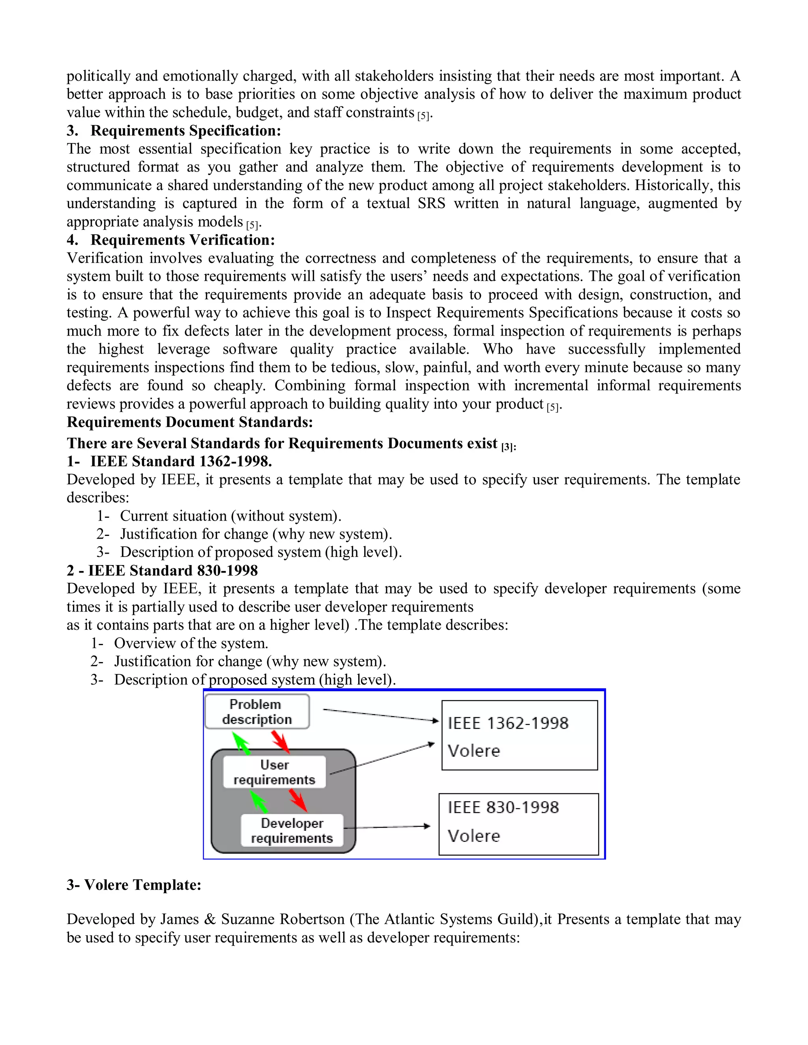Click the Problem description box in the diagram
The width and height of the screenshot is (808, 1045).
(257, 712)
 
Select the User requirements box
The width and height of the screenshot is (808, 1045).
(274, 772)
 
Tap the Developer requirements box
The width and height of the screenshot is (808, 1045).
(292, 830)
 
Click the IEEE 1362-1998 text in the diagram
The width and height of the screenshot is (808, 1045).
(508, 723)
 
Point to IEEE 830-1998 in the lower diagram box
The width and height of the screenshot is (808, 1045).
(503, 808)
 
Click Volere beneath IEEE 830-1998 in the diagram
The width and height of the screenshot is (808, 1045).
(473, 836)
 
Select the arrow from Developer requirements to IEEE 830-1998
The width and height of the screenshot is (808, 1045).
(387, 827)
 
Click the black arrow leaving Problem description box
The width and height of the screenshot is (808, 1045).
(381, 715)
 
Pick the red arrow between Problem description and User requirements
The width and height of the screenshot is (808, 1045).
(281, 742)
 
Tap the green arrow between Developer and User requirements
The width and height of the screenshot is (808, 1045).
(259, 801)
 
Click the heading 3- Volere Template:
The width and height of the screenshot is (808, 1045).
(134, 885)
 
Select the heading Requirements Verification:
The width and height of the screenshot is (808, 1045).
(182, 240)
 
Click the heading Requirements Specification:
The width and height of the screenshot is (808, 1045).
(186, 131)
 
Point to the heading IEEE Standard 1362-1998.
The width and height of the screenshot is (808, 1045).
(181, 461)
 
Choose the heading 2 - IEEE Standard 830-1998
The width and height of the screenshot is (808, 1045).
(162, 570)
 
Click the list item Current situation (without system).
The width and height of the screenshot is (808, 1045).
(230, 516)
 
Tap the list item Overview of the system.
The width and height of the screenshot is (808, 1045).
(191, 643)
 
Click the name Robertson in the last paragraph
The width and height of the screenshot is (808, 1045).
(312, 919)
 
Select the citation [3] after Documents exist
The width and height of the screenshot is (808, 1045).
(507, 447)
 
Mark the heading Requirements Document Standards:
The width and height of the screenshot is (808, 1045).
(189, 422)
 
